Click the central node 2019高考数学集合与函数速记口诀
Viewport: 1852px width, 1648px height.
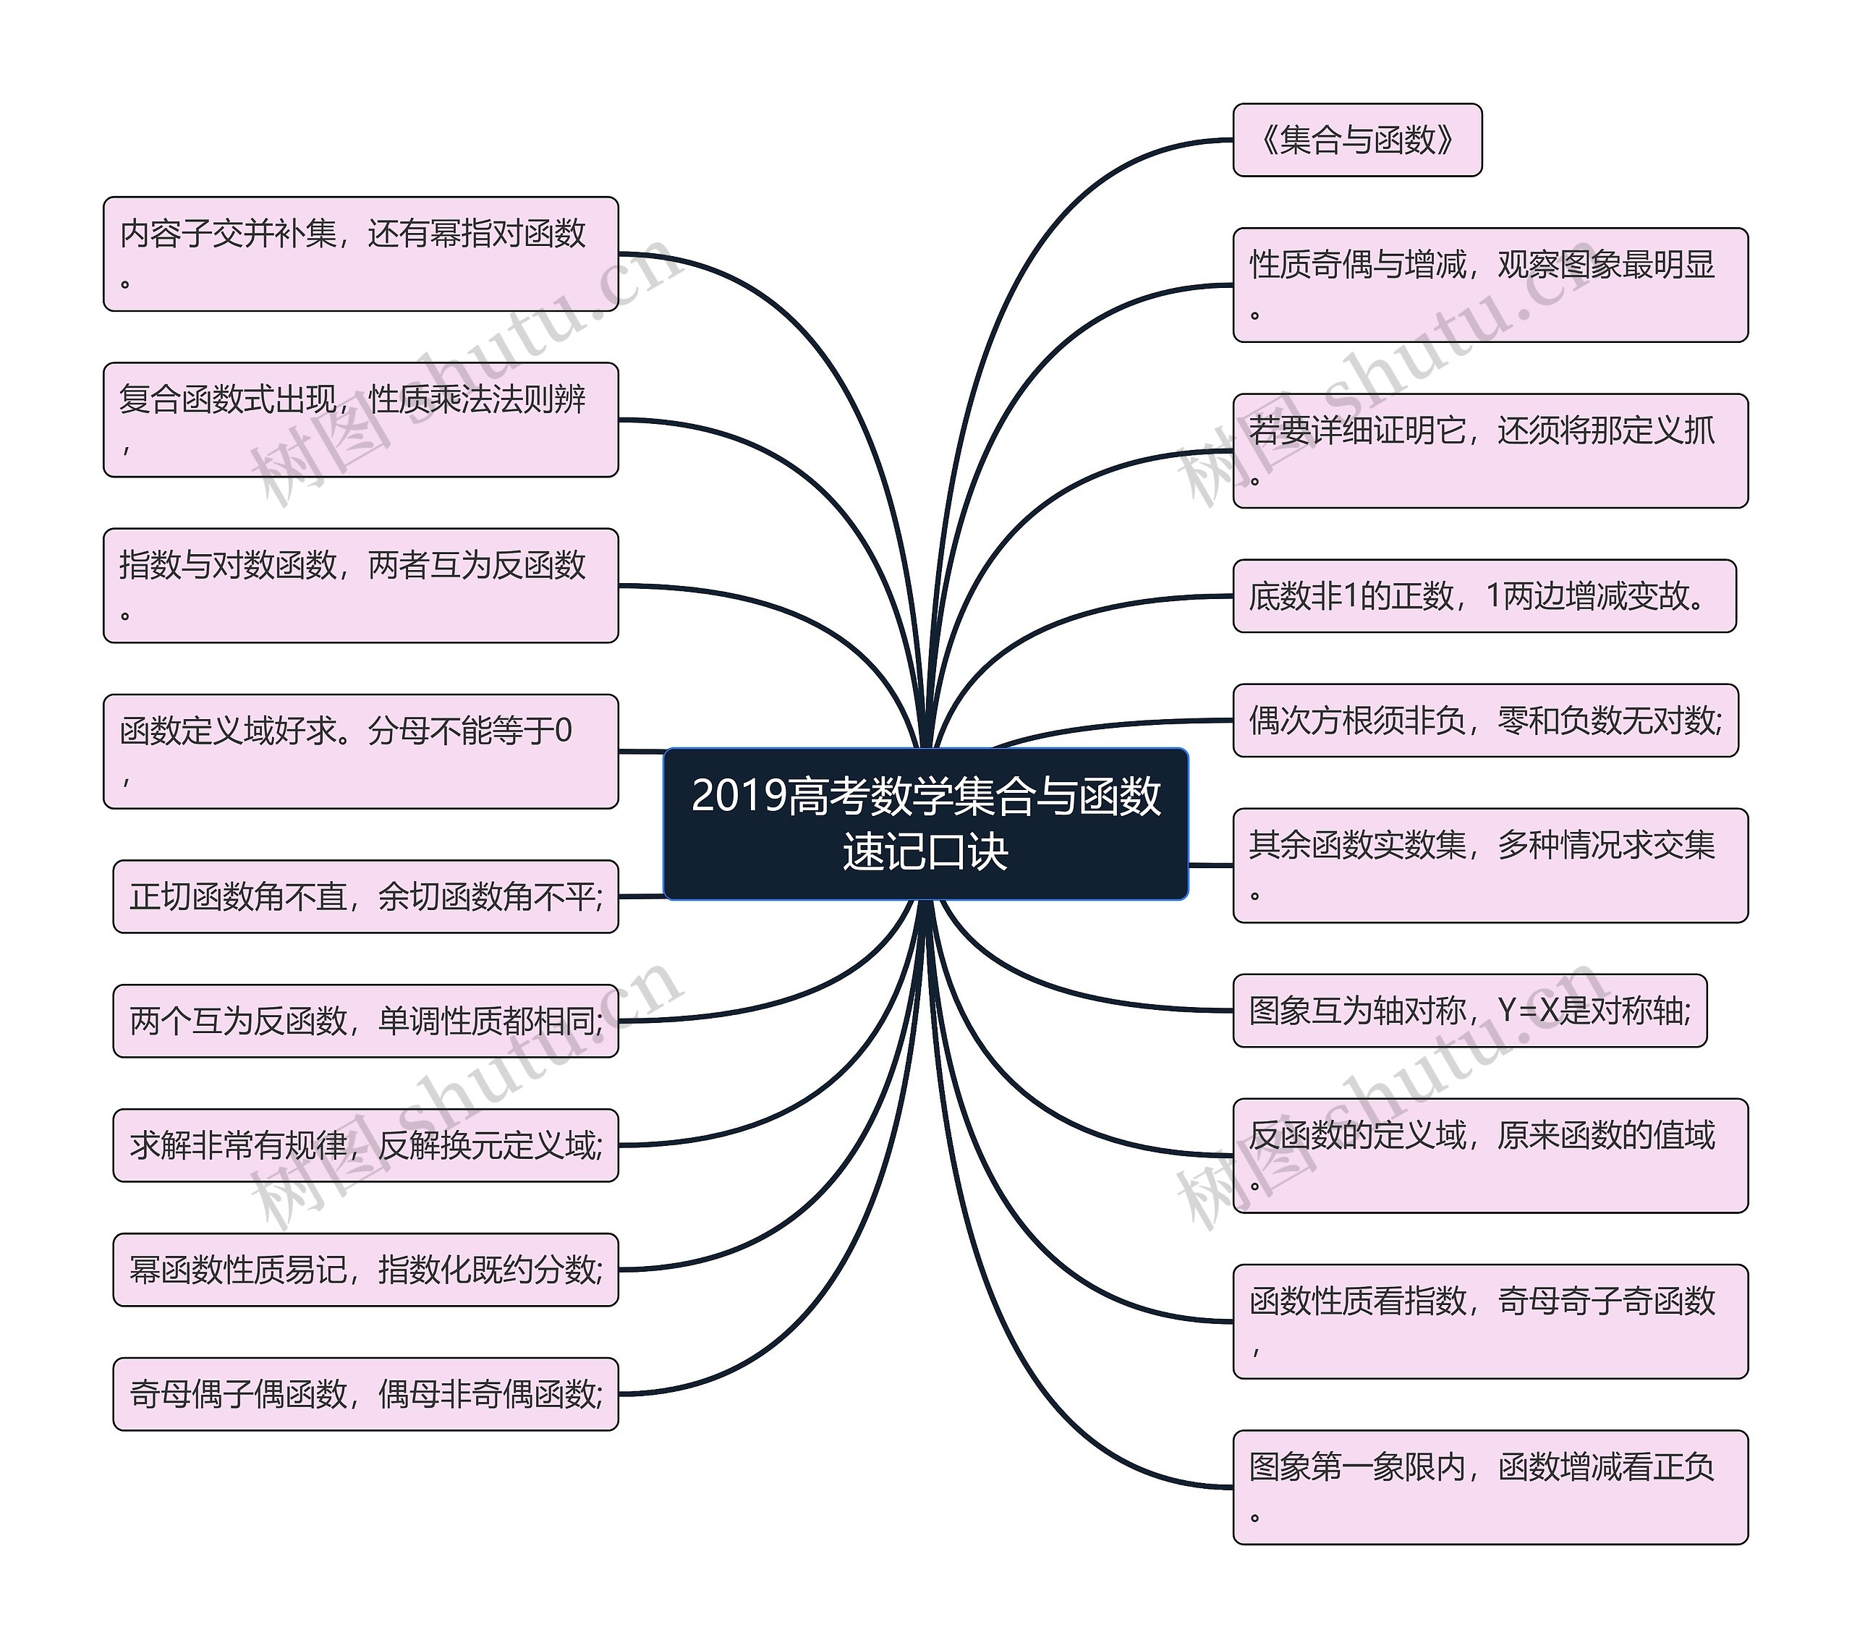(x=925, y=823)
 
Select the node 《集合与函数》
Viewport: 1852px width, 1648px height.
(x=1356, y=140)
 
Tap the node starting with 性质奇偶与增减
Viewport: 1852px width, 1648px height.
(x=1490, y=284)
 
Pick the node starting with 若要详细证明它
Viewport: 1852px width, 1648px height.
(x=1490, y=450)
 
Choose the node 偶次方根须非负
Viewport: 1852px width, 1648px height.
(x=1485, y=721)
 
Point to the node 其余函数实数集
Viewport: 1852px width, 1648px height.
(x=1490, y=865)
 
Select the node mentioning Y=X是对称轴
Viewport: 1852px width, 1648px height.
(x=1469, y=1010)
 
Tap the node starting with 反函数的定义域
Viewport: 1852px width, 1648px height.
(x=1490, y=1155)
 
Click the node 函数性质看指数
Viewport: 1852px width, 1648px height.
(x=1490, y=1321)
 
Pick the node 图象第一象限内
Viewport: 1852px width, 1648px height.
(x=1490, y=1487)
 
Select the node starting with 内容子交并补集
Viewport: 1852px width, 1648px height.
(x=360, y=254)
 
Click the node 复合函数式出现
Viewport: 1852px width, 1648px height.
(x=360, y=420)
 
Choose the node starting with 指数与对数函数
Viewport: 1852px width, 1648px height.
(x=360, y=585)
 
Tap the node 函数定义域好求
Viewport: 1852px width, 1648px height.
(x=360, y=751)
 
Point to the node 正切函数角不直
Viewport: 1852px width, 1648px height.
(x=365, y=896)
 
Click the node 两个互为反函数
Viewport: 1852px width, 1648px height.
(x=365, y=1020)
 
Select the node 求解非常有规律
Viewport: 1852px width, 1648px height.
(x=365, y=1145)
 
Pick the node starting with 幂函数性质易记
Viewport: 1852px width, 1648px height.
(x=365, y=1270)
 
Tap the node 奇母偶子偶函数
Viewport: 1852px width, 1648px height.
(x=365, y=1393)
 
